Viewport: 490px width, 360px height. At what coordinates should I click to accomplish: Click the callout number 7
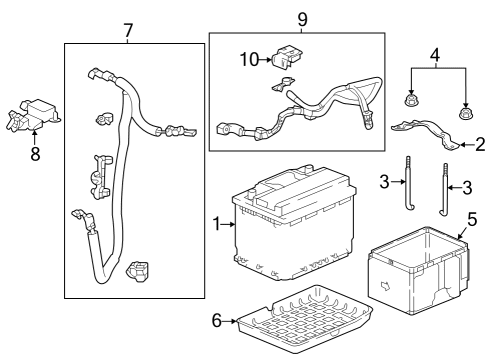tap(128, 30)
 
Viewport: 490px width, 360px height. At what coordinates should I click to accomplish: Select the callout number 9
tap(302, 20)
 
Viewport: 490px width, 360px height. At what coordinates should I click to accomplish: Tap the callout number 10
tap(249, 60)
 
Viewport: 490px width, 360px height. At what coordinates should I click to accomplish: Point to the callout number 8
tap(35, 154)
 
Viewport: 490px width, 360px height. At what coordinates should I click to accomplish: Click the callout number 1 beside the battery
tap(217, 224)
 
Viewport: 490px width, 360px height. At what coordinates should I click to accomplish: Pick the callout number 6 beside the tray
tap(217, 321)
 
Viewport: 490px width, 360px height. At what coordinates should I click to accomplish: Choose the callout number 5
tap(472, 219)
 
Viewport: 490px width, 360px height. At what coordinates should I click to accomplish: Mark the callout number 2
tap(480, 145)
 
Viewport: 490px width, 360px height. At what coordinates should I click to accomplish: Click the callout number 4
tap(435, 55)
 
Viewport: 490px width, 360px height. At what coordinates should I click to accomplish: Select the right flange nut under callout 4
tap(464, 113)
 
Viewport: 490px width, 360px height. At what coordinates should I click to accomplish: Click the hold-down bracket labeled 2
tap(426, 134)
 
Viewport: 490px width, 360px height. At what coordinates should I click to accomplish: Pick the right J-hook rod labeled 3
tap(445, 189)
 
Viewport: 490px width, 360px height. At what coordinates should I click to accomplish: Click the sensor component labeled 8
tap(32, 115)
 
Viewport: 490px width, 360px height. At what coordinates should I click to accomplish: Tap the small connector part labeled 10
tap(288, 57)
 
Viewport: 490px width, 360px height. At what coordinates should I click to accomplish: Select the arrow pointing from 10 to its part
tap(265, 60)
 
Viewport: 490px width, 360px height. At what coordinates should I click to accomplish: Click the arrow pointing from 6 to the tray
tap(229, 321)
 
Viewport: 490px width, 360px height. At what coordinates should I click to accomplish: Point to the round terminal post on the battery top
tap(252, 194)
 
